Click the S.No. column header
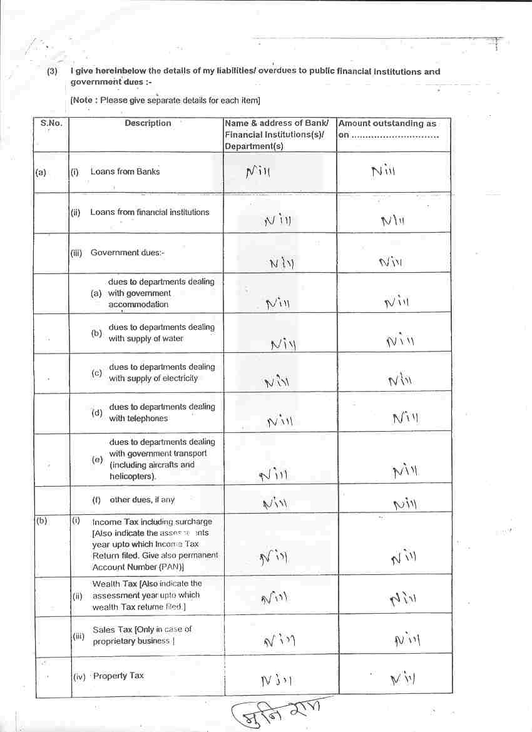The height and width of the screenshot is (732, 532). click(x=51, y=123)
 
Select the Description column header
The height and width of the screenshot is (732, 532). click(x=148, y=123)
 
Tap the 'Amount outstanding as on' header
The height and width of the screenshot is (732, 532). click(x=387, y=129)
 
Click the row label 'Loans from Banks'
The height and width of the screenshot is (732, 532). click(x=125, y=171)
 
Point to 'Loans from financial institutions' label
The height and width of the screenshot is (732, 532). click(x=150, y=212)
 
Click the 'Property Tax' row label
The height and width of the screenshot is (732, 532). click(x=118, y=676)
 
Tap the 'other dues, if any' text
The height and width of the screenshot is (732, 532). click(x=142, y=500)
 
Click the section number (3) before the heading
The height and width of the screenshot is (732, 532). click(x=53, y=71)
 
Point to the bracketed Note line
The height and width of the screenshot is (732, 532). click(x=165, y=100)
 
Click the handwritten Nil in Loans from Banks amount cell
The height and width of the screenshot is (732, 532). click(x=384, y=171)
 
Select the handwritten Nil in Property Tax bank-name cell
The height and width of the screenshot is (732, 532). click(x=276, y=680)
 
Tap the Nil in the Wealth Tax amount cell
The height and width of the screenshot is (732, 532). click(x=402, y=599)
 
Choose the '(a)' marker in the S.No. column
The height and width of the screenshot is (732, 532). click(x=41, y=171)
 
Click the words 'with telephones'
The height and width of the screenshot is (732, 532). click(x=138, y=419)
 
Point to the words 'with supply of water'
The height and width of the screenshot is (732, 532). click(x=146, y=338)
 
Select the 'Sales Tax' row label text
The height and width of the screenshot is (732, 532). click(x=142, y=629)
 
